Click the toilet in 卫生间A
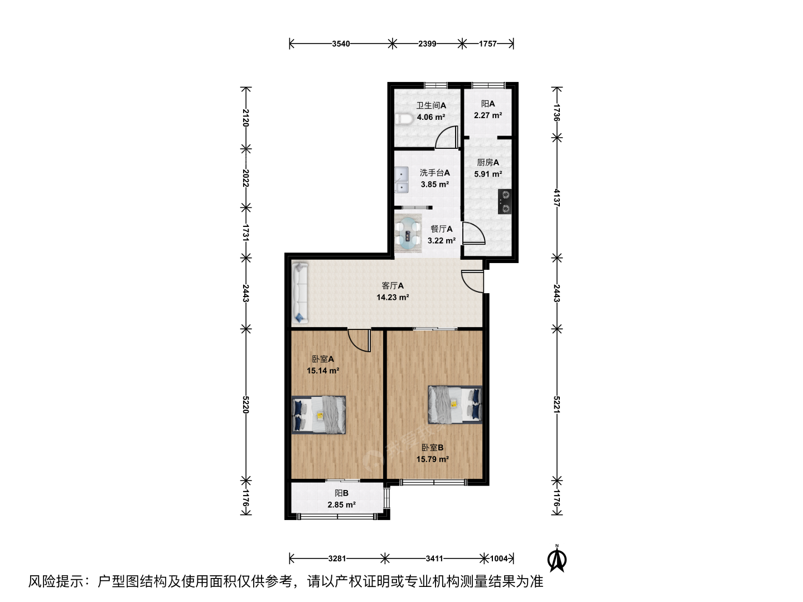(404, 119)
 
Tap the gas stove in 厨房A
(505, 201)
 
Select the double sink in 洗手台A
(401, 180)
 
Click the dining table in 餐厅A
(408, 234)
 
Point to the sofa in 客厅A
(300, 293)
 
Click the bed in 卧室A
(318, 415)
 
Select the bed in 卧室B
(455, 405)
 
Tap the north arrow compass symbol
(557, 558)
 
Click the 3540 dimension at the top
(341, 44)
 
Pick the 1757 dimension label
(487, 44)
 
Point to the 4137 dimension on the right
(557, 198)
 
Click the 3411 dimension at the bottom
(434, 559)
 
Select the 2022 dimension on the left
(245, 178)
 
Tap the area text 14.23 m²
(393, 298)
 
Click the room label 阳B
(341, 493)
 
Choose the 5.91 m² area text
(488, 174)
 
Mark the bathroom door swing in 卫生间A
(447, 138)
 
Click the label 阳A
(488, 104)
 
